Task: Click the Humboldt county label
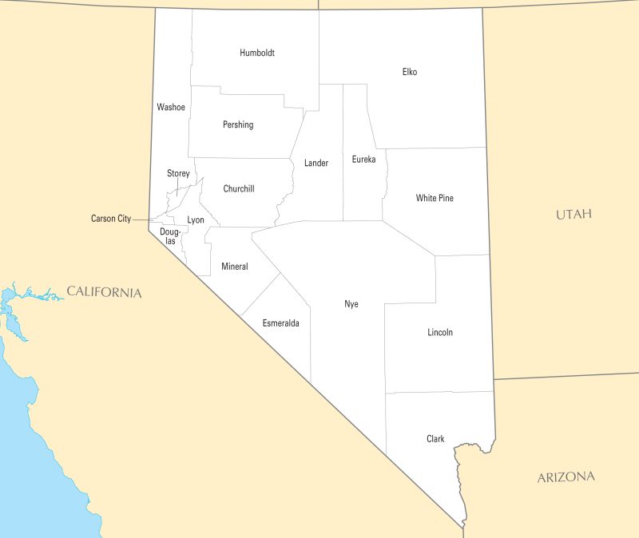(x=257, y=53)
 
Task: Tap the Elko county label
(x=410, y=72)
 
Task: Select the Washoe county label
(x=171, y=107)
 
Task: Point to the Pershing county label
(x=238, y=125)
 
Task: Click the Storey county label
(x=178, y=173)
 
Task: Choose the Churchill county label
(x=239, y=189)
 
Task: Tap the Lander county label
(x=316, y=163)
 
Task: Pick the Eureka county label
(x=363, y=160)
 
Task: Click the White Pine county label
(x=435, y=198)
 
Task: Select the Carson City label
(x=111, y=219)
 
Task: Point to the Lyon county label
(x=196, y=220)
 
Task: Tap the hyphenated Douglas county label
(x=170, y=236)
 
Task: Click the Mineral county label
(x=235, y=267)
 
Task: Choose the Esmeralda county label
(x=281, y=323)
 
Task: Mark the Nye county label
(x=351, y=304)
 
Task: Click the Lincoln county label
(x=440, y=332)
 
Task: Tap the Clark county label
(x=435, y=439)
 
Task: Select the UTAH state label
(x=574, y=215)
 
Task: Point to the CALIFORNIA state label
(x=104, y=292)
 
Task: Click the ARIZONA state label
(x=566, y=477)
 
